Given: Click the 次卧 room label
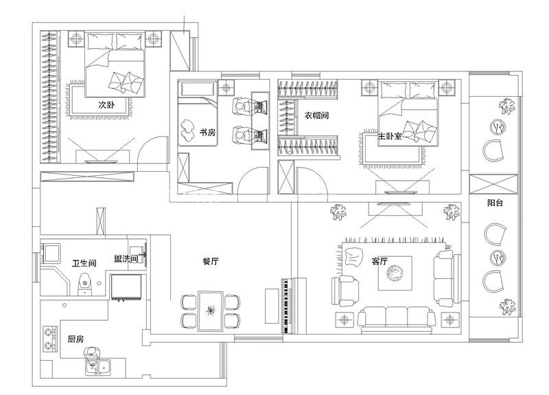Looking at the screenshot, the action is click(106, 104).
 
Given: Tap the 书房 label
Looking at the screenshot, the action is click(207, 133).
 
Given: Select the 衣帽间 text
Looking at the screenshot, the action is click(316, 115).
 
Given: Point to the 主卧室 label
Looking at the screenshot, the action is click(390, 136).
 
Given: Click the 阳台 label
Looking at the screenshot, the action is click(495, 203).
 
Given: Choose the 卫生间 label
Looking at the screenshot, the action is click(84, 263).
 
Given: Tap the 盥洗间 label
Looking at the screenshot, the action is click(126, 259).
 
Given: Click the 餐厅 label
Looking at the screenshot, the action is click(211, 262).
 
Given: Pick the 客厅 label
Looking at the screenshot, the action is click(379, 262).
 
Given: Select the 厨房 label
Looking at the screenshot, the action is click(75, 339).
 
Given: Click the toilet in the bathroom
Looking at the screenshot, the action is click(84, 283).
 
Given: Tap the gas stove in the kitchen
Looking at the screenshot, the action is click(50, 339).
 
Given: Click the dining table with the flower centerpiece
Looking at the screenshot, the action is click(211, 311).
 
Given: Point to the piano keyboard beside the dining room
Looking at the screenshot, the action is click(286, 306).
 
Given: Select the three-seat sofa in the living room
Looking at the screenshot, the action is click(397, 319).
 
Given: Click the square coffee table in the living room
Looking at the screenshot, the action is click(395, 273).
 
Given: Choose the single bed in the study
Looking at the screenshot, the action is click(198, 113).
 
